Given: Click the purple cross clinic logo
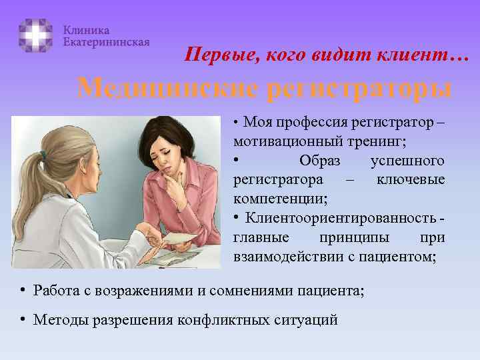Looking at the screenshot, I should pyautogui.click(x=35, y=35).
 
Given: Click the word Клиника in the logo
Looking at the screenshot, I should pyautogui.click(x=87, y=30).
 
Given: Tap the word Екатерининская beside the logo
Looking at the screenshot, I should pyautogui.click(x=106, y=41).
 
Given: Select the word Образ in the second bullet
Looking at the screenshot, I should pyautogui.click(x=319, y=161).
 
